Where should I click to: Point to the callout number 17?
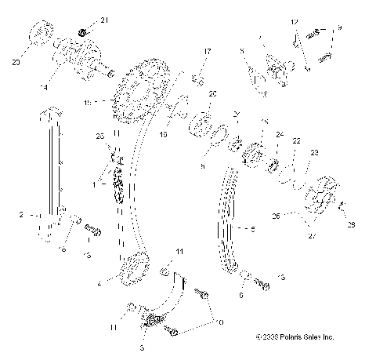click(208, 52)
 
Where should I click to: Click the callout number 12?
click(295, 21)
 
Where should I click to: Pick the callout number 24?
click(280, 135)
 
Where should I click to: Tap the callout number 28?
click(351, 225)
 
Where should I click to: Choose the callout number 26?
click(275, 214)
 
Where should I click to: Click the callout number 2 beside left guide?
click(23, 213)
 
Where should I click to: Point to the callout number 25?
click(99, 136)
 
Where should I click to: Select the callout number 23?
click(315, 153)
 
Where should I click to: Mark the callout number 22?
click(296, 141)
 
